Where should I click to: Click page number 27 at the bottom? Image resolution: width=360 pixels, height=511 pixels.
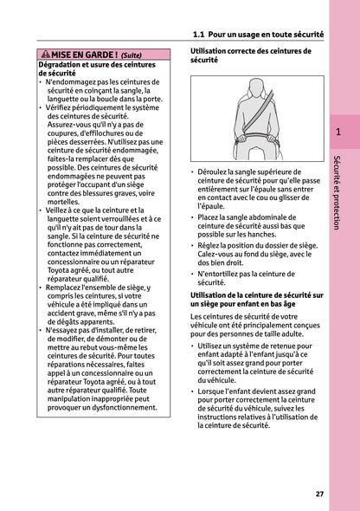point(319,494)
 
